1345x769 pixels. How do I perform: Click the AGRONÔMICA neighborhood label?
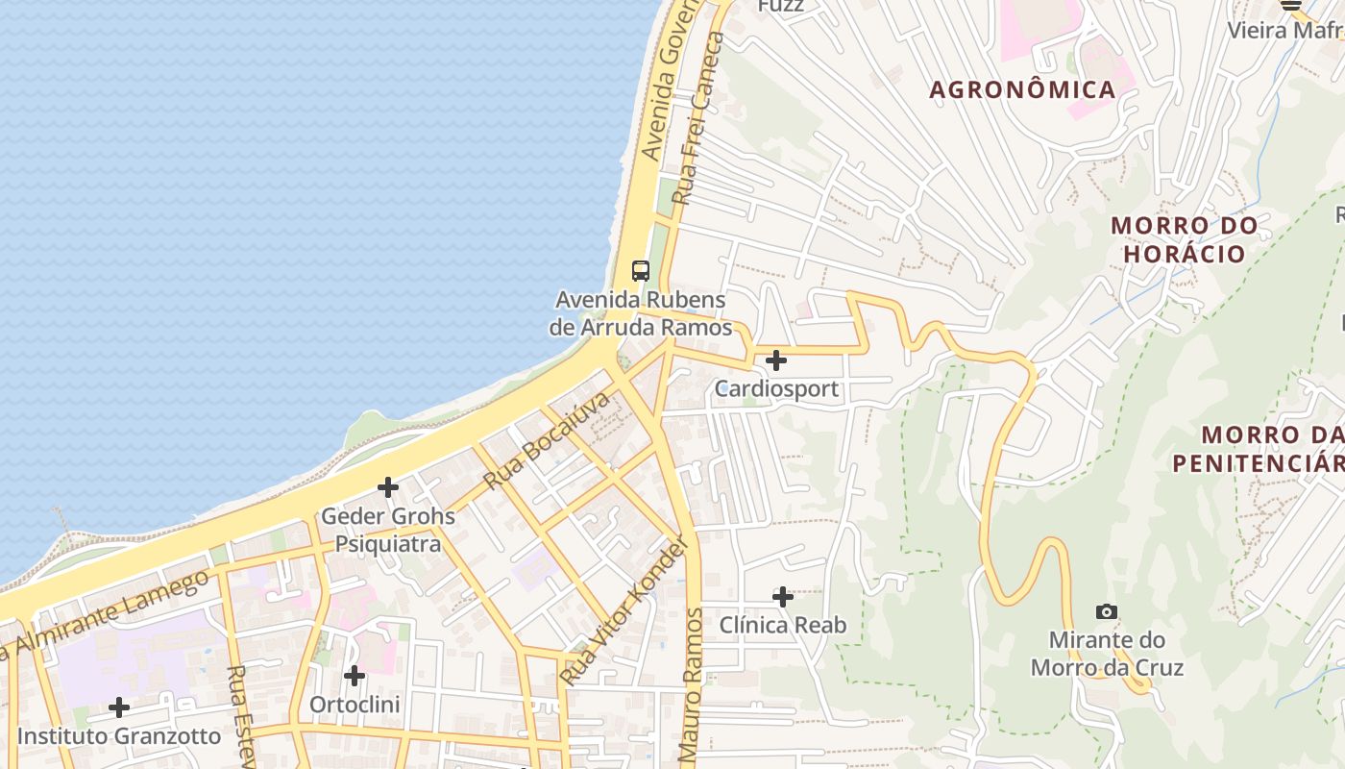1022,90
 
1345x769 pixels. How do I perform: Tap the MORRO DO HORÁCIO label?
1184,239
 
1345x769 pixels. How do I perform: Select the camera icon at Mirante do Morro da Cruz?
1106,611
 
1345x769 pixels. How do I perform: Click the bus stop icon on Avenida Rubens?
641,270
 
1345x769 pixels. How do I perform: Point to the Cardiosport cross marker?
776,360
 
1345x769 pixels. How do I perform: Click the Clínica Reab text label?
783,626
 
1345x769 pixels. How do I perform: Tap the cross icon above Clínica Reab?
783,597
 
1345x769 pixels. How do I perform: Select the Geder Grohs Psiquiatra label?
388,530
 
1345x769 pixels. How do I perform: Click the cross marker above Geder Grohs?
388,487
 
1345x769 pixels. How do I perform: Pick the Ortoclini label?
354,705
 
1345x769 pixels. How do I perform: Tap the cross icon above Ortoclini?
355,676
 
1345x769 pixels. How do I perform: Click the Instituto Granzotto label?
119,736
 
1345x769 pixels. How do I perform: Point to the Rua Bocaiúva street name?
547,440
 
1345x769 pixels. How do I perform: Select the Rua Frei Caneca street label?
697,117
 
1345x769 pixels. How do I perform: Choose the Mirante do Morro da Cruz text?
1106,654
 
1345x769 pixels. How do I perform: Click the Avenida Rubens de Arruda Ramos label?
641,313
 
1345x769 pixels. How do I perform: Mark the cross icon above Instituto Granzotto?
119,707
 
